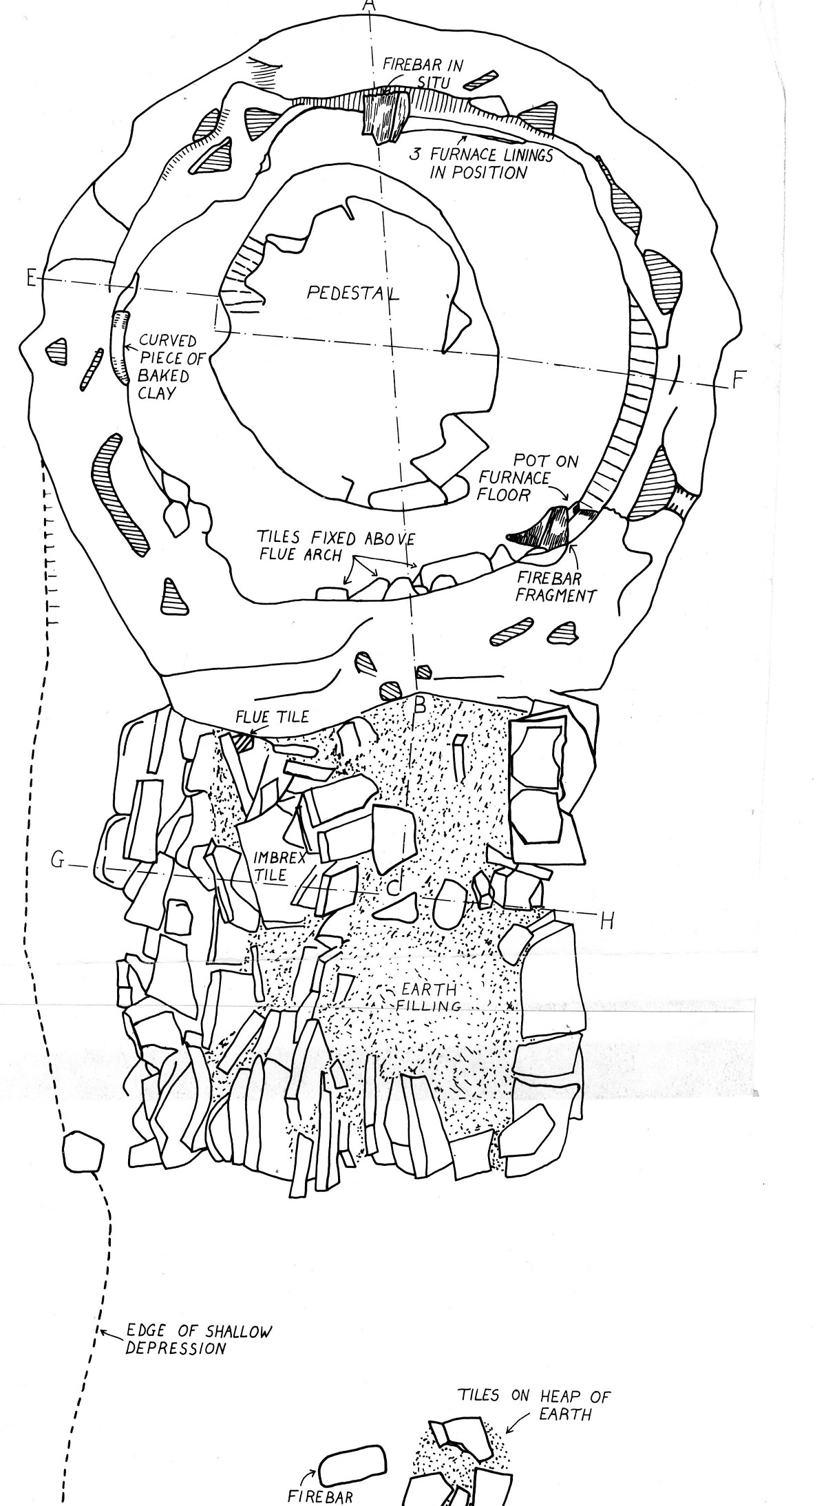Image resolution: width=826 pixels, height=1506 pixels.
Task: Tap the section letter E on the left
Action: [30, 278]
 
